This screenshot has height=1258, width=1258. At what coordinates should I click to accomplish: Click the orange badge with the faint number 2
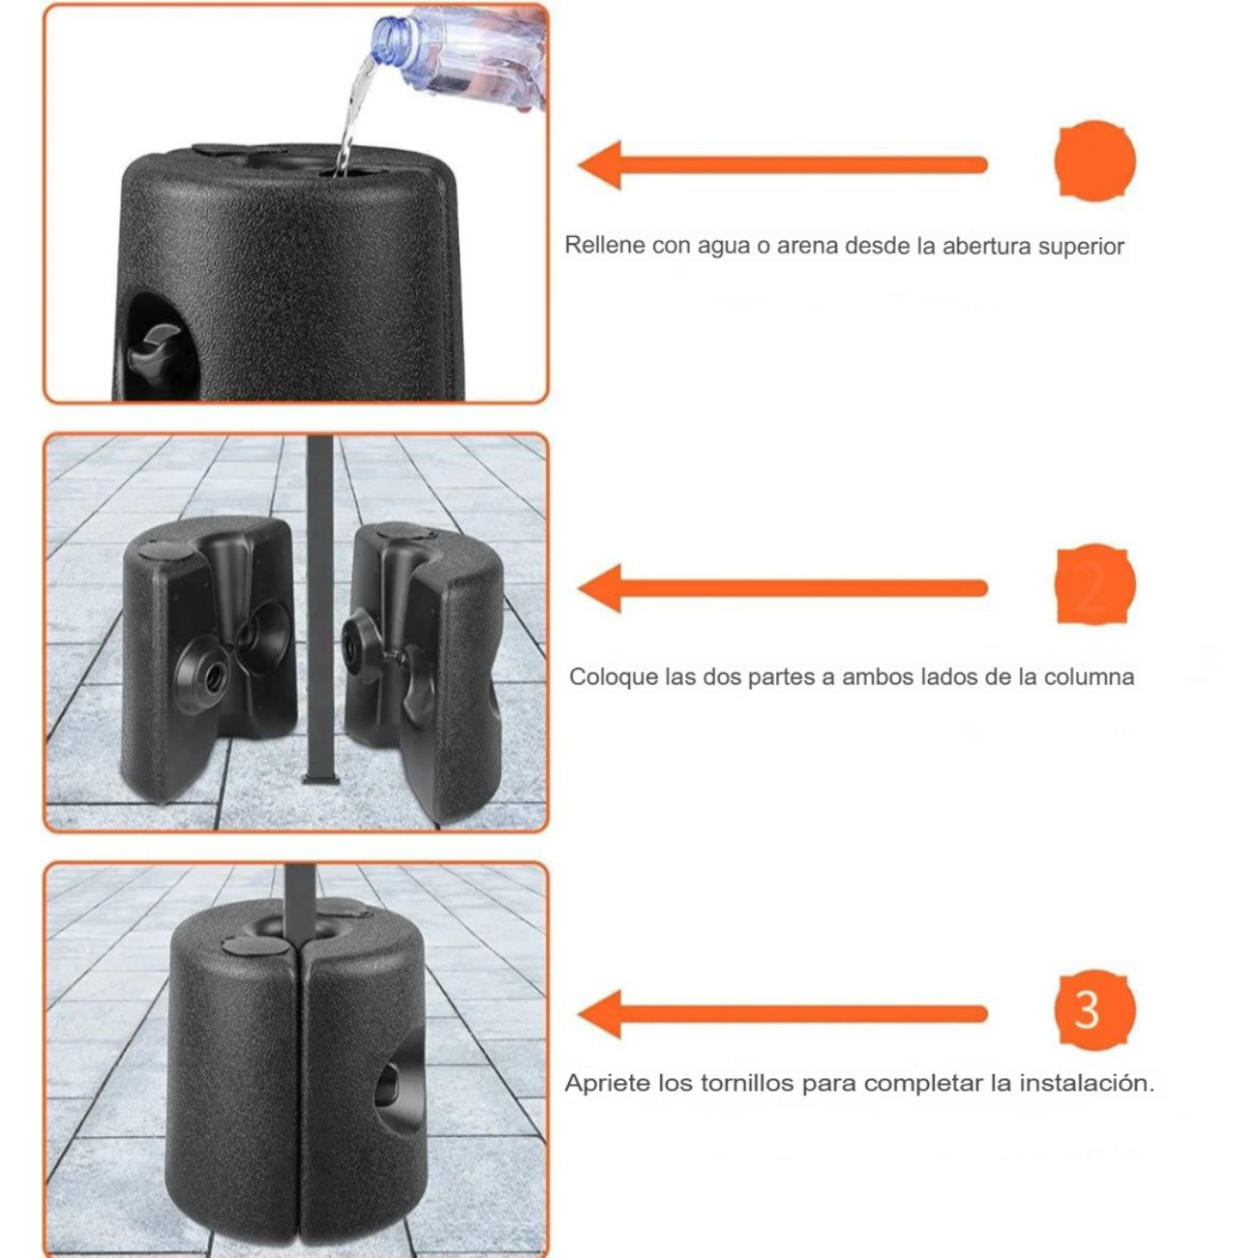[1093, 586]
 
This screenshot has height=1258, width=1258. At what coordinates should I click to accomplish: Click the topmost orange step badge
[1093, 161]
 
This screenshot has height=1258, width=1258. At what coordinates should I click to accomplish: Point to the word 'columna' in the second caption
[1088, 676]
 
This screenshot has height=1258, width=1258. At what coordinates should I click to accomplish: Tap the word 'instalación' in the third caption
[1095, 1083]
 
